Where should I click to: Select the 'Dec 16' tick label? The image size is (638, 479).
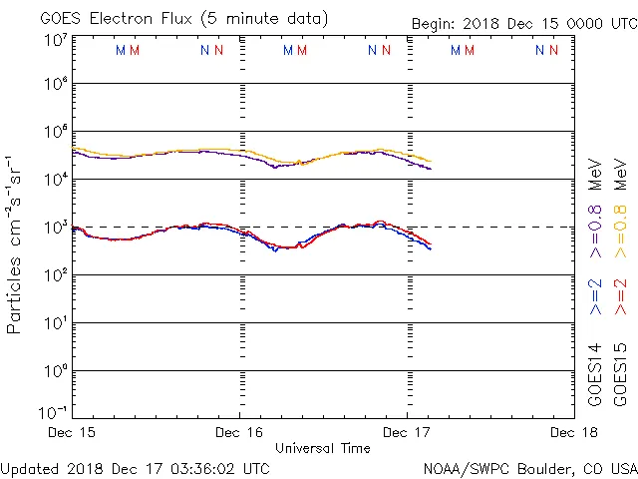[239, 433]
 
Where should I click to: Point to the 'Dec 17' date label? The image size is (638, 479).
[407, 433]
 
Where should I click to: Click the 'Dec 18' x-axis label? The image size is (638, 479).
[572, 433]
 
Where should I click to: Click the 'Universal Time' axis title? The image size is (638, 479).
[323, 449]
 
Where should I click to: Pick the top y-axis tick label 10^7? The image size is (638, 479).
[55, 40]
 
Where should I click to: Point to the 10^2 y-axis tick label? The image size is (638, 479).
[55, 275]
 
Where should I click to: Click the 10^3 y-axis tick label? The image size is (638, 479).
[55, 228]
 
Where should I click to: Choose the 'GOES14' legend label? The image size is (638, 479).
[595, 373]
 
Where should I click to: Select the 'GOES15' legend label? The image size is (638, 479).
[621, 373]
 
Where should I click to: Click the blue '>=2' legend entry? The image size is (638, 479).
[595, 297]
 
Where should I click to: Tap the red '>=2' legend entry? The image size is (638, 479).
[621, 297]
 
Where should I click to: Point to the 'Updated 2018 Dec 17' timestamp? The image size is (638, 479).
[135, 468]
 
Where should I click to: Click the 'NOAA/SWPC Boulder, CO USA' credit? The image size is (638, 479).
[529, 468]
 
